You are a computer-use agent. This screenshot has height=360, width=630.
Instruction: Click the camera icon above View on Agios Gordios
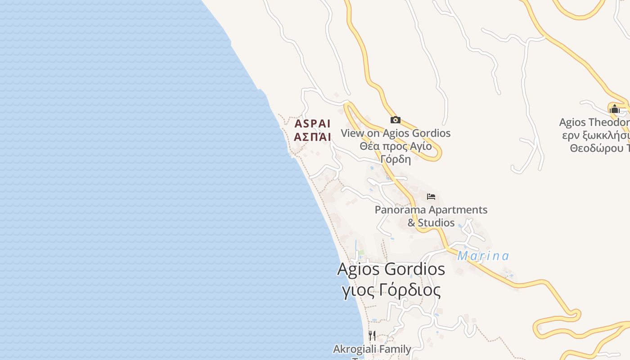click(395, 120)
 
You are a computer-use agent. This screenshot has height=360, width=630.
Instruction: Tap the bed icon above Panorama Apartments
click(431, 197)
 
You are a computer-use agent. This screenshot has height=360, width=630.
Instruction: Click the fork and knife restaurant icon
click(372, 336)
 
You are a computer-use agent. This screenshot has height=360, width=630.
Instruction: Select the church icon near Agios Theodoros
click(614, 108)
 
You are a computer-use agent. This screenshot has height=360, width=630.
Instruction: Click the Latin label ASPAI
click(312, 123)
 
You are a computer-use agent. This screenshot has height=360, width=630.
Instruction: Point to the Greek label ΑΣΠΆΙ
click(312, 137)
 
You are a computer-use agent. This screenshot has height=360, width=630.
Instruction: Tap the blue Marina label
click(483, 256)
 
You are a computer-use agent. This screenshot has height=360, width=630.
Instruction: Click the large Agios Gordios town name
click(391, 269)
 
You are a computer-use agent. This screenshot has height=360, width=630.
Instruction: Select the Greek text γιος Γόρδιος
click(391, 290)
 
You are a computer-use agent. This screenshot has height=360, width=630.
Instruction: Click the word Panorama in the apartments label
click(400, 210)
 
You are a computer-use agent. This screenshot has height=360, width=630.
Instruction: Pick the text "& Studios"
click(431, 223)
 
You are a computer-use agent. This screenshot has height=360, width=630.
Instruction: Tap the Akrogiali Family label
click(372, 349)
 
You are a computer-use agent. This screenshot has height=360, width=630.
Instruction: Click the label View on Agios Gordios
click(395, 133)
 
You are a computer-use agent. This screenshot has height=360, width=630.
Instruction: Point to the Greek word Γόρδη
click(395, 159)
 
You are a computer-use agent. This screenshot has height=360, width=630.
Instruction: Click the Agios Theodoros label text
click(594, 122)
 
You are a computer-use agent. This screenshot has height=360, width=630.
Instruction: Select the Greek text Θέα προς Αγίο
click(395, 146)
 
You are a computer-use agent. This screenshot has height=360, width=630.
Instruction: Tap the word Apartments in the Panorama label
click(458, 210)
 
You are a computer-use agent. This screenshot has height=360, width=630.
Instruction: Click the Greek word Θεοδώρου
click(596, 148)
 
